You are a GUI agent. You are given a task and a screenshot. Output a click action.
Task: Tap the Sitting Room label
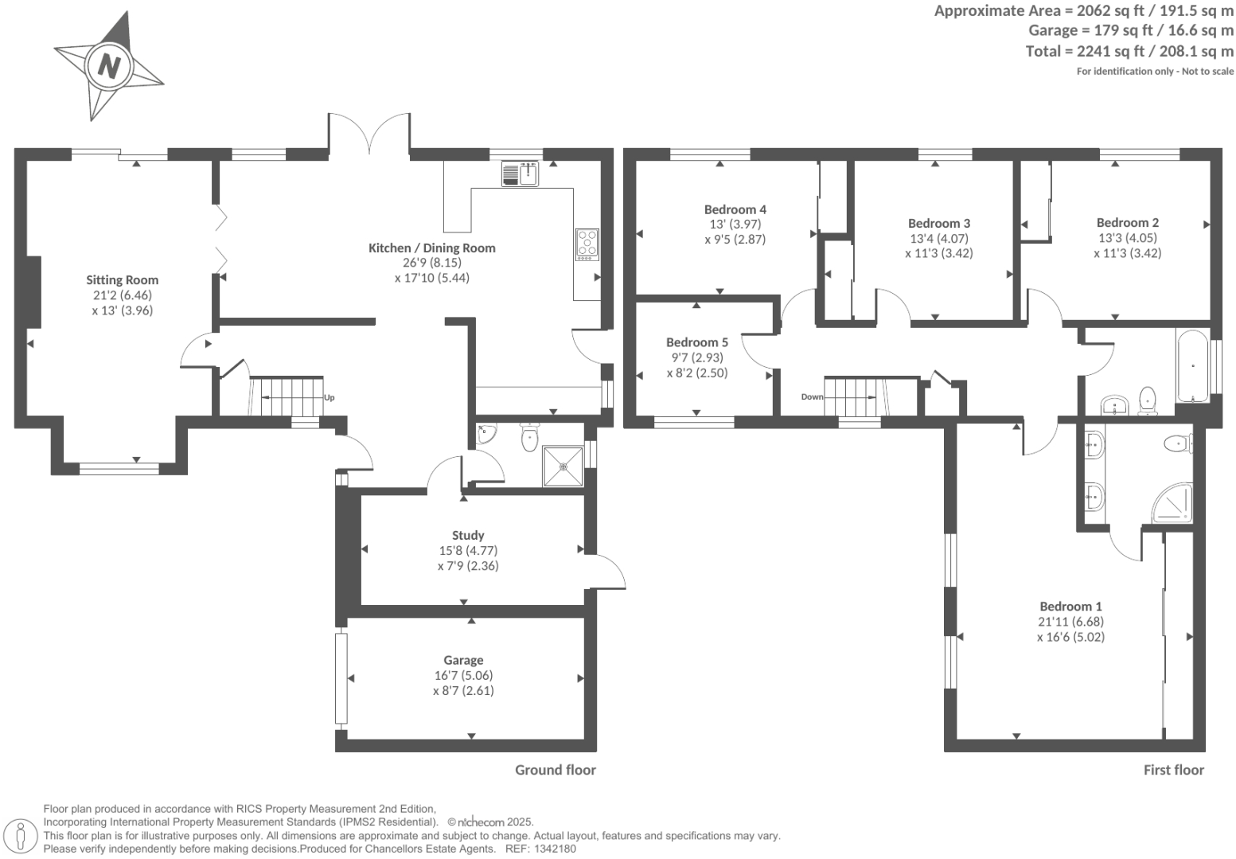[x=122, y=280]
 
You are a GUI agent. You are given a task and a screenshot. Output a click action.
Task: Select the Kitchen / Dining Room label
[x=431, y=248]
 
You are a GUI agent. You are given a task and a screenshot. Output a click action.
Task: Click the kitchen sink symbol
[x=520, y=174]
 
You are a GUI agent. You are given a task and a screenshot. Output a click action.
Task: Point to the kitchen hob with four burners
[x=587, y=244]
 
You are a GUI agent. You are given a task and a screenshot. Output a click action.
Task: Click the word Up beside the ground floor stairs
[x=329, y=397]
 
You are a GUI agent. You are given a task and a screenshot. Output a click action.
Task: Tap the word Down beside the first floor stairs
[x=812, y=396]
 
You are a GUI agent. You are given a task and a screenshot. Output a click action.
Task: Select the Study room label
[x=467, y=536]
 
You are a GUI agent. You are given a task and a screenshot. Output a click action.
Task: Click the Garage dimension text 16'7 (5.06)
[x=463, y=676]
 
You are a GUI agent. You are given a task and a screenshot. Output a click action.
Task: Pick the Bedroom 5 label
[x=696, y=342]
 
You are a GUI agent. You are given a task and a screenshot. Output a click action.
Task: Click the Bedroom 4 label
[x=735, y=209]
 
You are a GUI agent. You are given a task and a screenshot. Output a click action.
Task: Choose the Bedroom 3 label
[x=938, y=224]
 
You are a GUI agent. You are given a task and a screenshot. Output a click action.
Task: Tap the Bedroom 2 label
[x=1127, y=223]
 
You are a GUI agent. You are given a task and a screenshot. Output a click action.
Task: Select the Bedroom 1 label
[x=1070, y=607]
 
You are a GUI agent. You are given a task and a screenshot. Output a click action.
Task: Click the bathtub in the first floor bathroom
[x=1192, y=367]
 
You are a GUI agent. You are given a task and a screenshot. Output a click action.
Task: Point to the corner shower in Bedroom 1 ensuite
[x=1173, y=503]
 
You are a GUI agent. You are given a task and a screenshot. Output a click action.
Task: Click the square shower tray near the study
[x=563, y=466]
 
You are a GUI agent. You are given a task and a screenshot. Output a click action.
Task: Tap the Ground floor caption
[x=555, y=770]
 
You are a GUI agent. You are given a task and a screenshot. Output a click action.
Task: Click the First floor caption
[x=1173, y=770]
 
